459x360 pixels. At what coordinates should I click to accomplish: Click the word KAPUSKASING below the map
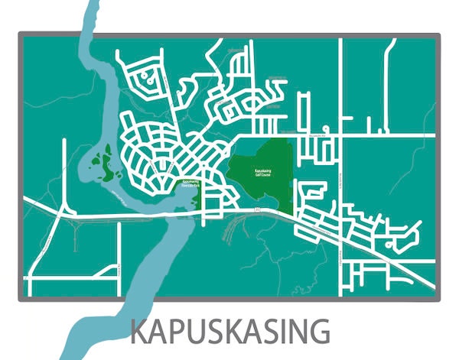[230, 332]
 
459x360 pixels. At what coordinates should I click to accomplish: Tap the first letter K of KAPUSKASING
[139, 332]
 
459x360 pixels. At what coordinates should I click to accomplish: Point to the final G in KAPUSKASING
[320, 332]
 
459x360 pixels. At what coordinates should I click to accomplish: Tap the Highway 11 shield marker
[258, 207]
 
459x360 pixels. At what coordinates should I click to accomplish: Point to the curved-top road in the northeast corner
[389, 54]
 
